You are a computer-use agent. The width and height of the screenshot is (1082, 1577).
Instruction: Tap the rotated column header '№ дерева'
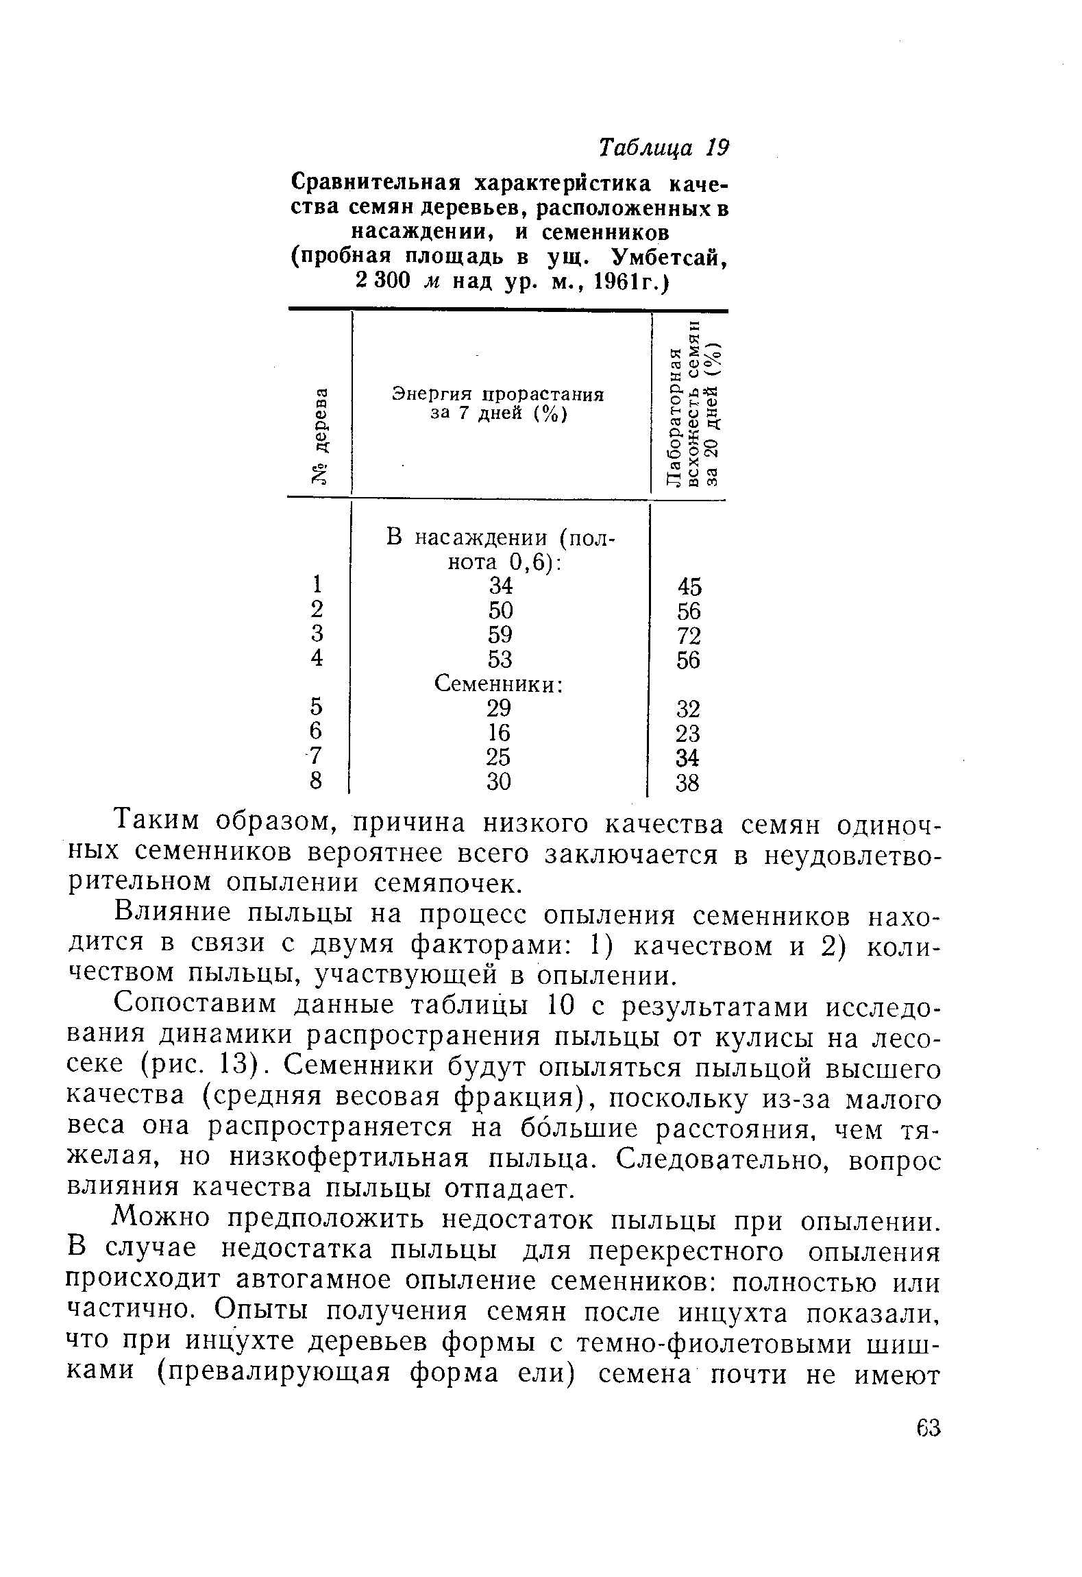click(319, 436)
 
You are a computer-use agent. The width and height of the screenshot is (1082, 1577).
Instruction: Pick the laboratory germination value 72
click(688, 635)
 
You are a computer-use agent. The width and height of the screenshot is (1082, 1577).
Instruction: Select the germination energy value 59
click(500, 634)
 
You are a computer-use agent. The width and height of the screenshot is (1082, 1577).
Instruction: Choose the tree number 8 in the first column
click(316, 781)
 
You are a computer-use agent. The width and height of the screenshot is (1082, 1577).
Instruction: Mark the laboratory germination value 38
click(688, 782)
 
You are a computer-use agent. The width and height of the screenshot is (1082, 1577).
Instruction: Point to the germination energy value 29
click(499, 708)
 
